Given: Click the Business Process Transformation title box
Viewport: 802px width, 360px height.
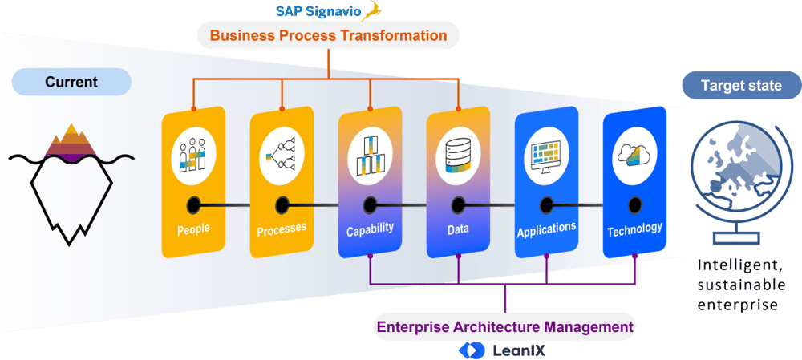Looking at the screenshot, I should [x=328, y=35].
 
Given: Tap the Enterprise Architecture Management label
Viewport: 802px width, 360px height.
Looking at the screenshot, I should [x=505, y=327].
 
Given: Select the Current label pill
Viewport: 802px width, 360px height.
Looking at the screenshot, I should [x=71, y=82].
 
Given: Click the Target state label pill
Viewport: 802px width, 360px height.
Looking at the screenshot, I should [x=740, y=86].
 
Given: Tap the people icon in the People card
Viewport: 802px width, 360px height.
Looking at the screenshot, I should [x=192, y=152].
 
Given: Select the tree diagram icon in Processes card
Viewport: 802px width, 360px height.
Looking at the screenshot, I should [x=282, y=151].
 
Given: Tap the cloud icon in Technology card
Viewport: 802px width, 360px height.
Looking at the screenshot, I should [x=634, y=152].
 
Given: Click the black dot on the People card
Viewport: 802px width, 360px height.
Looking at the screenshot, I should [x=193, y=204].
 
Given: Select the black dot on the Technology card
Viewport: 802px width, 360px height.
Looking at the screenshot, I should [x=634, y=204].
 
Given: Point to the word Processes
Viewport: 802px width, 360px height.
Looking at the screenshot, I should [x=282, y=229].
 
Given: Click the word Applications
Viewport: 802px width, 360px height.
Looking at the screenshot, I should [x=546, y=229].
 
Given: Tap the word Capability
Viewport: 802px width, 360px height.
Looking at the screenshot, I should [x=370, y=229].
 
